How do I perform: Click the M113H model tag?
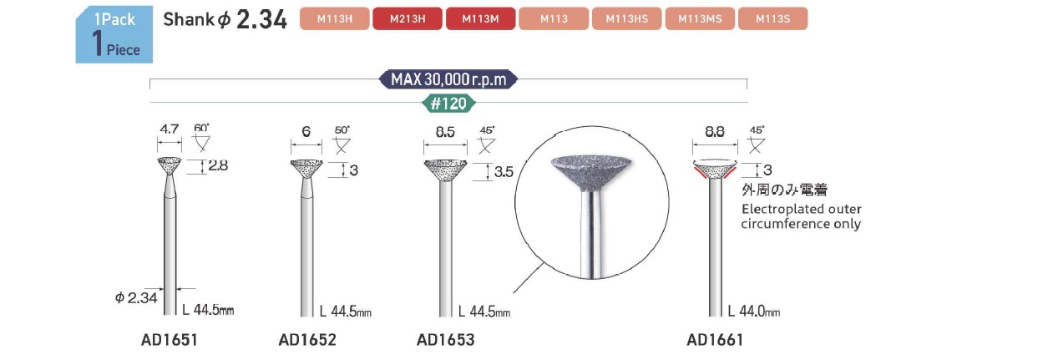click(x=335, y=19)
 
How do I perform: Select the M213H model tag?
click(x=408, y=19)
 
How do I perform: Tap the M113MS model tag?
click(x=700, y=19)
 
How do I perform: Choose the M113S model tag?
click(x=773, y=19)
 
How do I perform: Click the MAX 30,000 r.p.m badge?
click(x=448, y=79)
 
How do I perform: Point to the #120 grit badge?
click(x=448, y=103)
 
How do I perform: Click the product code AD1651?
click(x=170, y=340)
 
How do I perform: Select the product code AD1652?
click(x=307, y=340)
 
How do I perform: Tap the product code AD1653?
click(x=445, y=340)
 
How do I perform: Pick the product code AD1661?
click(x=715, y=340)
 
